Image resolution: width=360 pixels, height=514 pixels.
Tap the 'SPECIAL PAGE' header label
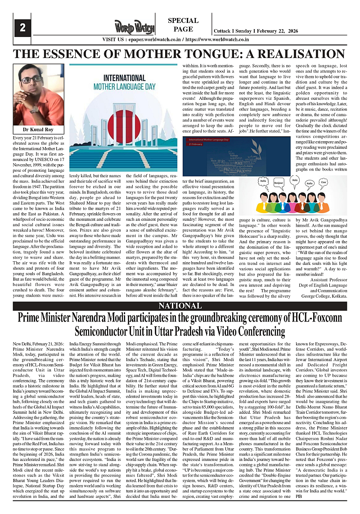183,25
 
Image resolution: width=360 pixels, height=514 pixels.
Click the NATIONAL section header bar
180,306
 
